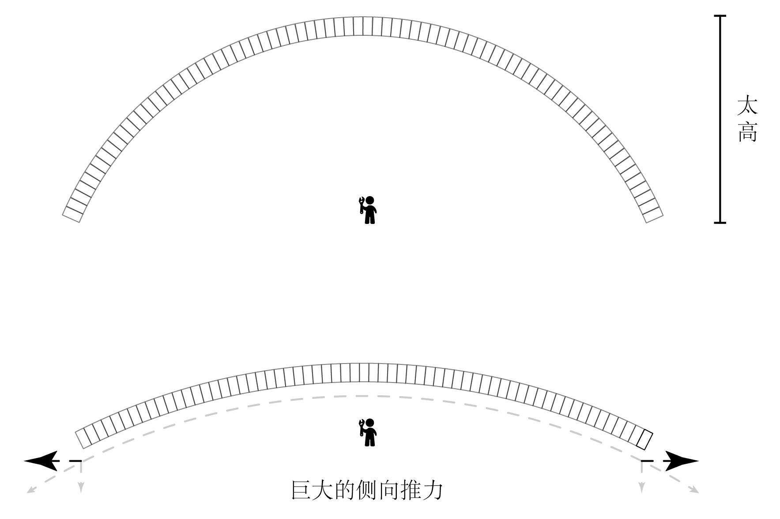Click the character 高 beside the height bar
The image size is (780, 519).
pyautogui.click(x=747, y=132)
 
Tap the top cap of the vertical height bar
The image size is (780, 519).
pyautogui.click(x=720, y=16)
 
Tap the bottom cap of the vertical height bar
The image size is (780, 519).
pyautogui.click(x=720, y=222)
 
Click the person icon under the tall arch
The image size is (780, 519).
pyautogui.click(x=369, y=210)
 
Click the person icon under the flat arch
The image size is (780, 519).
pyautogui.click(x=369, y=433)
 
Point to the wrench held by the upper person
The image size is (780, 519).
pyautogui.click(x=362, y=204)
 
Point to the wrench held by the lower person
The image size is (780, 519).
pyautogui.click(x=362, y=427)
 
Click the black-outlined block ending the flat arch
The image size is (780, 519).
pyautogui.click(x=644, y=440)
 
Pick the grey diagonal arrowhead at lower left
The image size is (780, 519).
pyautogui.click(x=31, y=489)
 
